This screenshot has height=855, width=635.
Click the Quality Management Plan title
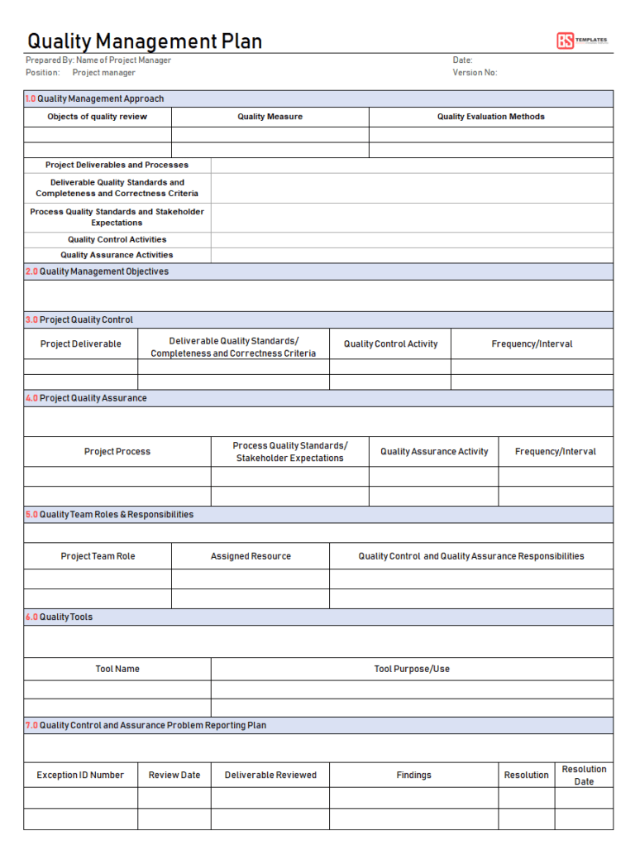(145, 41)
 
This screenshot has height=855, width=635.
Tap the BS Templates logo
(581, 41)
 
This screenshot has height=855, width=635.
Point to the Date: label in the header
(462, 60)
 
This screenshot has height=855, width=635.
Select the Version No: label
(475, 73)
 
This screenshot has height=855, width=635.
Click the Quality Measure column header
(270, 117)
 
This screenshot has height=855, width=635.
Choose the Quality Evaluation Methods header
(490, 117)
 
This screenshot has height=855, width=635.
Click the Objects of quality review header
(97, 117)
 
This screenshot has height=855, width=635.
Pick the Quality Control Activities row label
(117, 239)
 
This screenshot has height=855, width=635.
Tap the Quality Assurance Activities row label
(117, 255)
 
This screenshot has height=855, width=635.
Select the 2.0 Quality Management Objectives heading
(97, 271)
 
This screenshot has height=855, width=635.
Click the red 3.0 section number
(31, 319)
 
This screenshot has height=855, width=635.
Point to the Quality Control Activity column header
(390, 343)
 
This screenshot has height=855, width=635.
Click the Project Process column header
(117, 452)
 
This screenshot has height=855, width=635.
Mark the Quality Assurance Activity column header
(433, 452)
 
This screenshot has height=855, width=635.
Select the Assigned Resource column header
(251, 556)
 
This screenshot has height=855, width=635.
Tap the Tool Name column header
(117, 669)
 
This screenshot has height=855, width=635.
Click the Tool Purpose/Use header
(412, 669)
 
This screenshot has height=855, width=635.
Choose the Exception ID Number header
(80, 776)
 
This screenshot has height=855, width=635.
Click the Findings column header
(413, 776)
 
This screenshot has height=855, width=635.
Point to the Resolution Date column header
(584, 776)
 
